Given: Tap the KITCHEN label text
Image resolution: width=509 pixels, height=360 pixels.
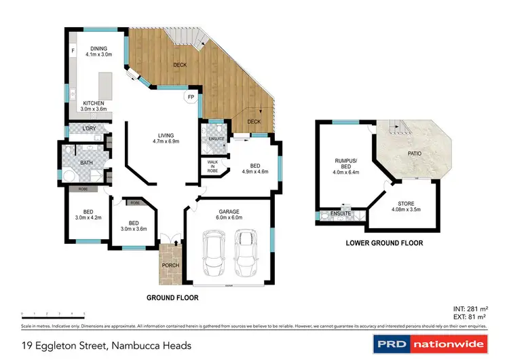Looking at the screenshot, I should (x=93, y=103).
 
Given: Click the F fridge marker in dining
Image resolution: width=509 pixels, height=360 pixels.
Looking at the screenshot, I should (x=72, y=51).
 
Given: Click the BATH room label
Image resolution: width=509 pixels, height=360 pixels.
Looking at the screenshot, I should (x=86, y=163).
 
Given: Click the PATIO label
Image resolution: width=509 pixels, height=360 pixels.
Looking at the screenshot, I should (x=415, y=154).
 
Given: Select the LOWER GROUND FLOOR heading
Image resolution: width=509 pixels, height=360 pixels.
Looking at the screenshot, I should (x=384, y=242).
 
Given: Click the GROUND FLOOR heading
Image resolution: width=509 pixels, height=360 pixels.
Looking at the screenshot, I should (x=172, y=298).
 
